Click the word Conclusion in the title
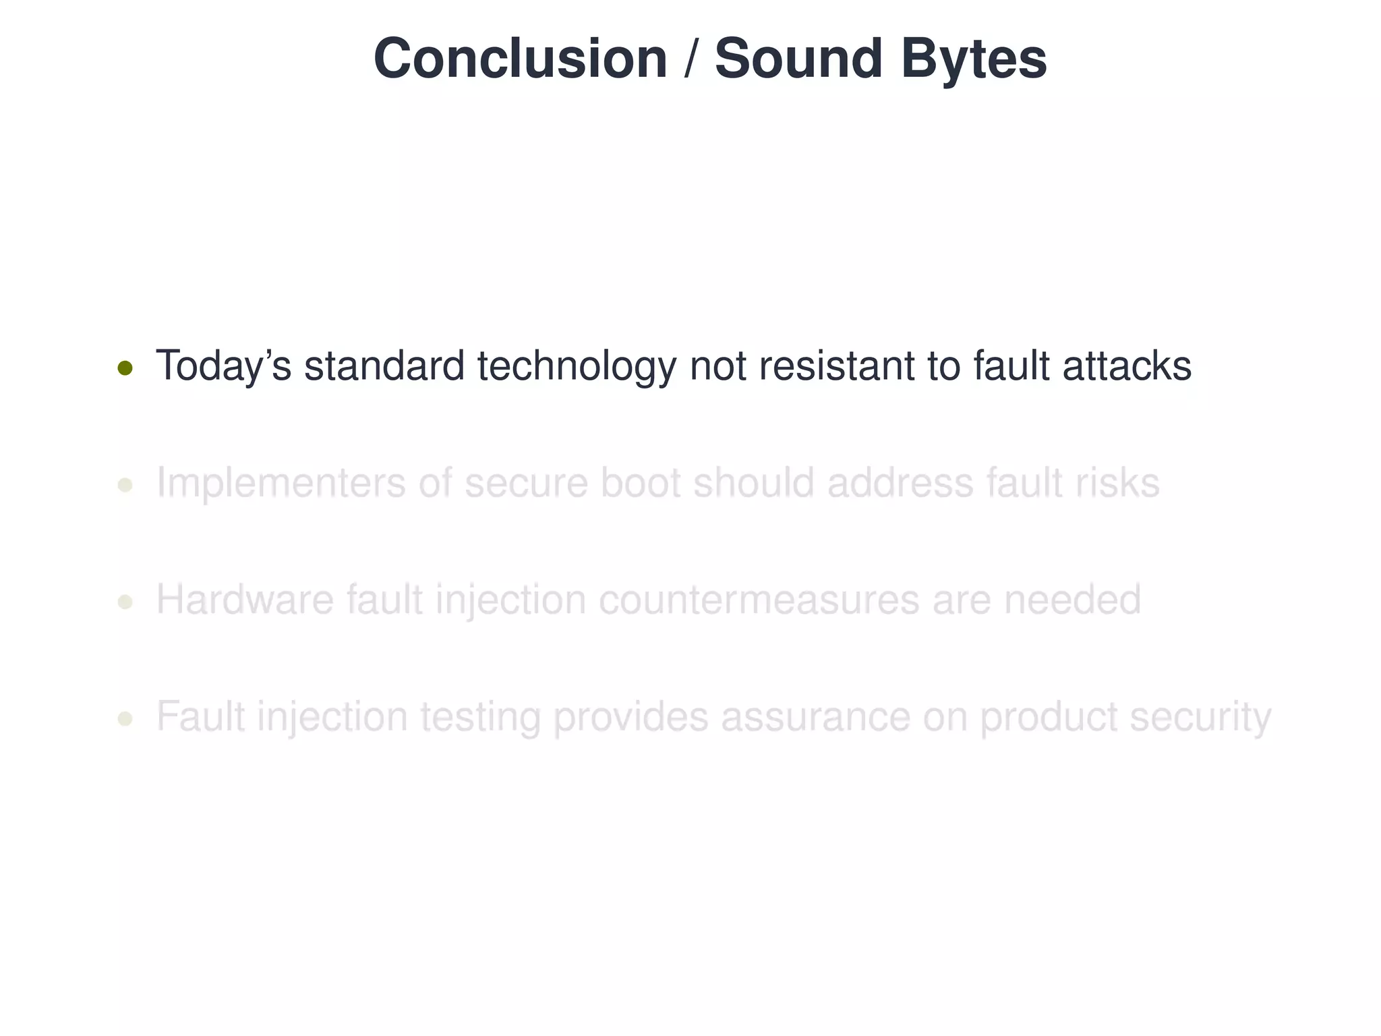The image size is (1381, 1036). coord(520,59)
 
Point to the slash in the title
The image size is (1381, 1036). coord(690,59)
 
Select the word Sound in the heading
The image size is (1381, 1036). coord(798,59)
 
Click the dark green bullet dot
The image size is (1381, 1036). coord(125,368)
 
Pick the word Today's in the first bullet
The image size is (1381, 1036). coord(223,366)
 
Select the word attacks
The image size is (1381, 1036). coord(1127,366)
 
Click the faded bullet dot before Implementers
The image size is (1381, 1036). coord(125,485)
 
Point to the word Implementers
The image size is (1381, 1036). coord(281,484)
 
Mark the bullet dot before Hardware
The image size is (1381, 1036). coord(125,602)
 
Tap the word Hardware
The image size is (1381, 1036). coord(245,600)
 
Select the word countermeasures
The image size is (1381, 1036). coord(759,600)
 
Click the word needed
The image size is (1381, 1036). coord(1072,600)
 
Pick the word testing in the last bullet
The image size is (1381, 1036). coord(480,717)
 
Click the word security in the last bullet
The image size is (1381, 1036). coord(1200,717)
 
